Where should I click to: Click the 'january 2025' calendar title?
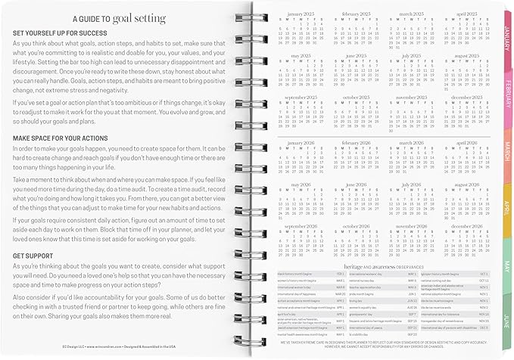pyautogui.click(x=296, y=14)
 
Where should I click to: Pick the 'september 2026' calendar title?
pyautogui.click(x=296, y=226)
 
